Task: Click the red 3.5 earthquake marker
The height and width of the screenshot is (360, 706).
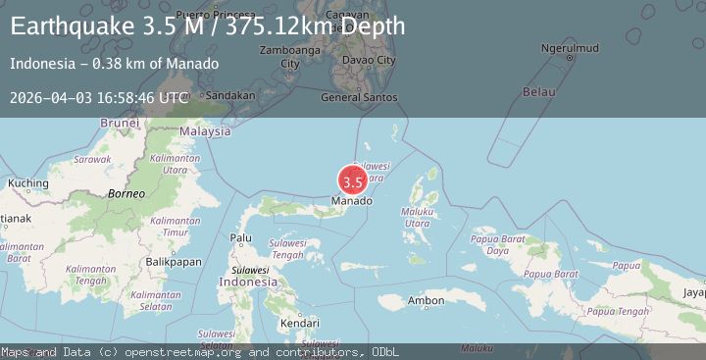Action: pos(353,181)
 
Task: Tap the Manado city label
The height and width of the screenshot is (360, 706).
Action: pos(352,201)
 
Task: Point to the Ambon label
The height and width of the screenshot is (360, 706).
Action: pos(426,300)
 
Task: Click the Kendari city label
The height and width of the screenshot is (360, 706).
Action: pos(299,322)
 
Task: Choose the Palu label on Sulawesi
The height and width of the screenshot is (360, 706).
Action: pos(240,237)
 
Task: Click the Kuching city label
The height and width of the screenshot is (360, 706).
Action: pos(27,183)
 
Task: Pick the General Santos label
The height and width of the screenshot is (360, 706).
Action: pos(360,97)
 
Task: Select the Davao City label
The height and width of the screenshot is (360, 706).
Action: pos(369,60)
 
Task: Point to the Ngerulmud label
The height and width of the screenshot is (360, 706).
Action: pos(570,48)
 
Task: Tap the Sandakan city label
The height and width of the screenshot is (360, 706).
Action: pos(230,95)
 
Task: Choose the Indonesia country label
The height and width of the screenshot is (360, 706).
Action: pos(247,282)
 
